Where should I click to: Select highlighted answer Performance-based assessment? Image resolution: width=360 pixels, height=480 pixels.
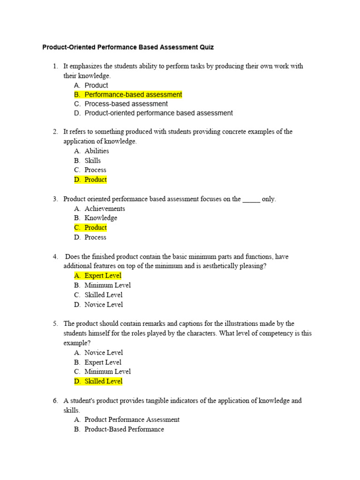(x=133, y=95)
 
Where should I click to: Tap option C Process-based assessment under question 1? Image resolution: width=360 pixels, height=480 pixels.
(x=126, y=104)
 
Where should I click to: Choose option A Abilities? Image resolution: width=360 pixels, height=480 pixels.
(x=97, y=151)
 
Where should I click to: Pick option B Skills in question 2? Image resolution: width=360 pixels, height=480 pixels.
(x=92, y=160)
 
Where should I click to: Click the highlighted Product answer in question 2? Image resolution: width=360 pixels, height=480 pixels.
(x=96, y=180)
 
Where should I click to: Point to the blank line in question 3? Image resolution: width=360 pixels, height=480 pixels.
(x=251, y=199)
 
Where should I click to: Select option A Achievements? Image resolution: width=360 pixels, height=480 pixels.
(x=105, y=209)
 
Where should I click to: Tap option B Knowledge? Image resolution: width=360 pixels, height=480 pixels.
(x=101, y=218)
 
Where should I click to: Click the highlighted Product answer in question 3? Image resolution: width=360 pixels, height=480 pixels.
(x=96, y=227)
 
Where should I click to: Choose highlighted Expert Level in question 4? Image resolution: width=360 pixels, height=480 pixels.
(x=103, y=276)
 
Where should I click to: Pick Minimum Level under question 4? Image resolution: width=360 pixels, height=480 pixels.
(x=107, y=285)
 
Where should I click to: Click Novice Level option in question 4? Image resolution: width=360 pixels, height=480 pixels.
(x=104, y=305)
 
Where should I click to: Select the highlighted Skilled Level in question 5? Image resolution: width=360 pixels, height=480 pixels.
(x=103, y=381)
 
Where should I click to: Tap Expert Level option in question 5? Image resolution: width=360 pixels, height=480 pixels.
(x=103, y=362)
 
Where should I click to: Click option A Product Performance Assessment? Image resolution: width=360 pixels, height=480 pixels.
(x=132, y=420)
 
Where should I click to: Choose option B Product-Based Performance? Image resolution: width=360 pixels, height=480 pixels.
(x=124, y=429)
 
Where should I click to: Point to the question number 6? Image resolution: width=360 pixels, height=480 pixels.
(x=55, y=401)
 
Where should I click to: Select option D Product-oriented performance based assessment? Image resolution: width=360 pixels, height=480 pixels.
(x=158, y=113)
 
